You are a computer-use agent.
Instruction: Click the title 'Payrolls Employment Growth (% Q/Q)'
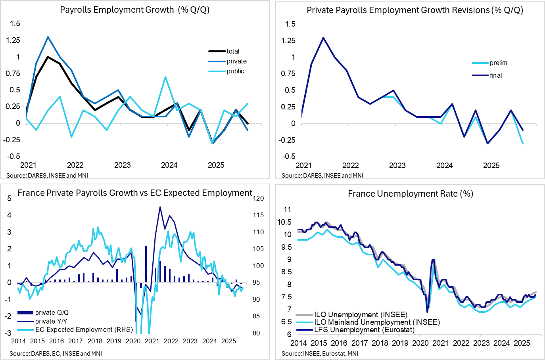(134, 10)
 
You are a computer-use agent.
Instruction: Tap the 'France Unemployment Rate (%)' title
(411, 193)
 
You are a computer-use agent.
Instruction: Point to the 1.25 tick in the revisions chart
(288, 40)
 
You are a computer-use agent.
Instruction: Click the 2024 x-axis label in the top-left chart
(169, 165)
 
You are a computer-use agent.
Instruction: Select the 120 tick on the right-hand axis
(258, 198)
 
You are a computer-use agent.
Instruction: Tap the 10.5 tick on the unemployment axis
(284, 222)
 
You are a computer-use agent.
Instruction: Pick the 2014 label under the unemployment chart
(299, 343)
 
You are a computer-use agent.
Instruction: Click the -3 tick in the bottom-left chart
(8, 333)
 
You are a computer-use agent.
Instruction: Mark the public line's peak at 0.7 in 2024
(165, 77)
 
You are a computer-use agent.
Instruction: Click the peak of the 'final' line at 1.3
(323, 38)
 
